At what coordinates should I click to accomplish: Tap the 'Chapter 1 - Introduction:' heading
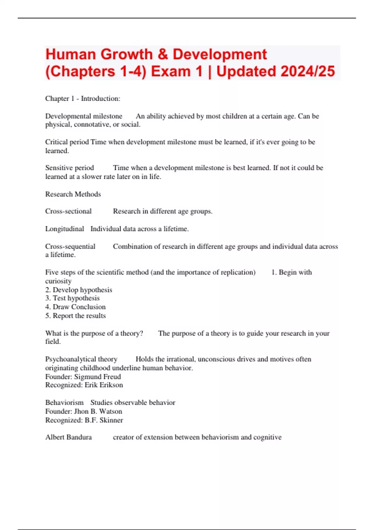pyautogui.click(x=83, y=99)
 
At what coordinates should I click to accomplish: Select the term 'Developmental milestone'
pyautogui.click(x=84, y=116)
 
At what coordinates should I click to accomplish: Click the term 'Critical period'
pyautogui.click(x=67, y=142)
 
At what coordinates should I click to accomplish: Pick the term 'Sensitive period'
pyautogui.click(x=70, y=168)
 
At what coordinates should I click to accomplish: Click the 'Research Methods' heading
pyautogui.click(x=73, y=194)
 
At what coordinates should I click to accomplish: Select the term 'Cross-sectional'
pyautogui.click(x=68, y=211)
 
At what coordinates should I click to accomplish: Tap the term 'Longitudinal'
pyautogui.click(x=65, y=229)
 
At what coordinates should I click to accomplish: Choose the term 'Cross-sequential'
pyautogui.click(x=70, y=246)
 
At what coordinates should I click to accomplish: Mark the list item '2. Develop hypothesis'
pyautogui.click(x=79, y=290)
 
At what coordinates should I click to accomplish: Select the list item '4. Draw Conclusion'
pyautogui.click(x=75, y=307)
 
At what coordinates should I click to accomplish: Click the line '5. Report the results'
pyautogui.click(x=75, y=316)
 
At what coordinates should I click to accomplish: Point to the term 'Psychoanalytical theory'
pyautogui.click(x=81, y=359)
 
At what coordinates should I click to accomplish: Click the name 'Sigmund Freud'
pyautogui.click(x=97, y=377)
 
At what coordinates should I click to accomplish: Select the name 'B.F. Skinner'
pyautogui.click(x=104, y=420)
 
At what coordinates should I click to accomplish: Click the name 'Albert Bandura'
pyautogui.click(x=69, y=437)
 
